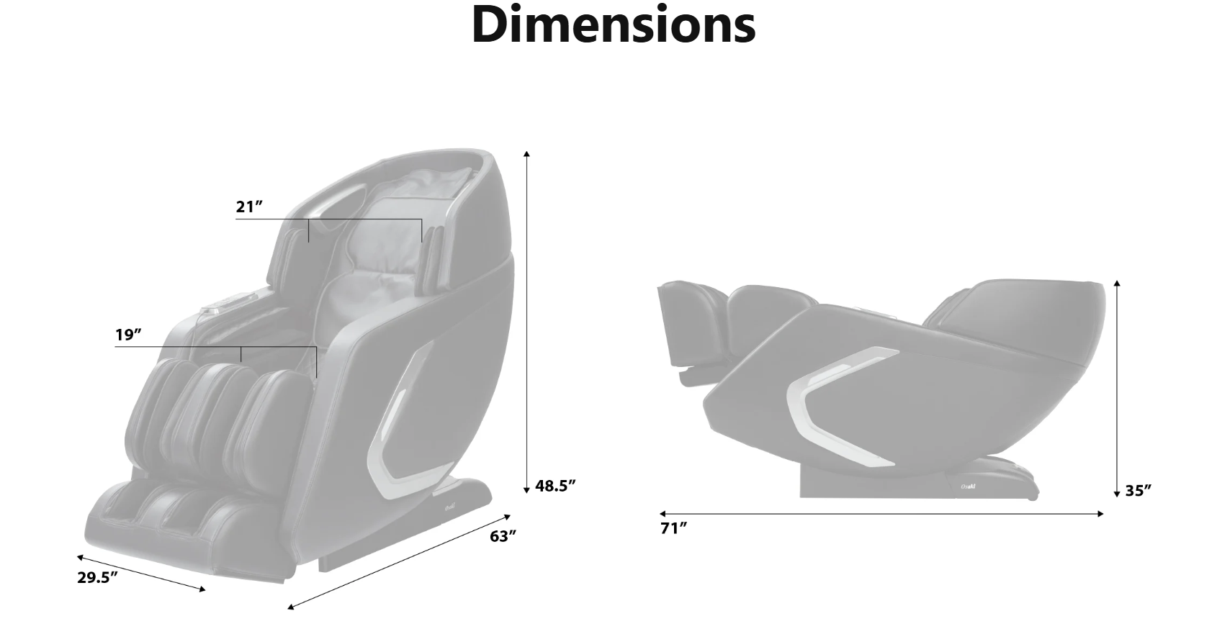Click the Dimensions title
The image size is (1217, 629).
pyautogui.click(x=614, y=24)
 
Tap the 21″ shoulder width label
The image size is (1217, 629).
pyautogui.click(x=249, y=207)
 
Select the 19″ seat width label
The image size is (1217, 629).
pyautogui.click(x=128, y=335)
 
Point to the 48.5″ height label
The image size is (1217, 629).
pyautogui.click(x=555, y=486)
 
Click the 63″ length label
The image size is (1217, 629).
pyautogui.click(x=503, y=536)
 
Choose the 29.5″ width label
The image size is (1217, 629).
pyautogui.click(x=98, y=577)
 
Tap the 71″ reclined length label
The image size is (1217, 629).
pyautogui.click(x=674, y=528)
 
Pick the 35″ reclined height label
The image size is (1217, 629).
pyautogui.click(x=1139, y=491)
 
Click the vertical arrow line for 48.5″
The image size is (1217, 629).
pyautogui.click(x=526, y=322)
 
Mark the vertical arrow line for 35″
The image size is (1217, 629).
pyautogui.click(x=1116, y=389)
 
